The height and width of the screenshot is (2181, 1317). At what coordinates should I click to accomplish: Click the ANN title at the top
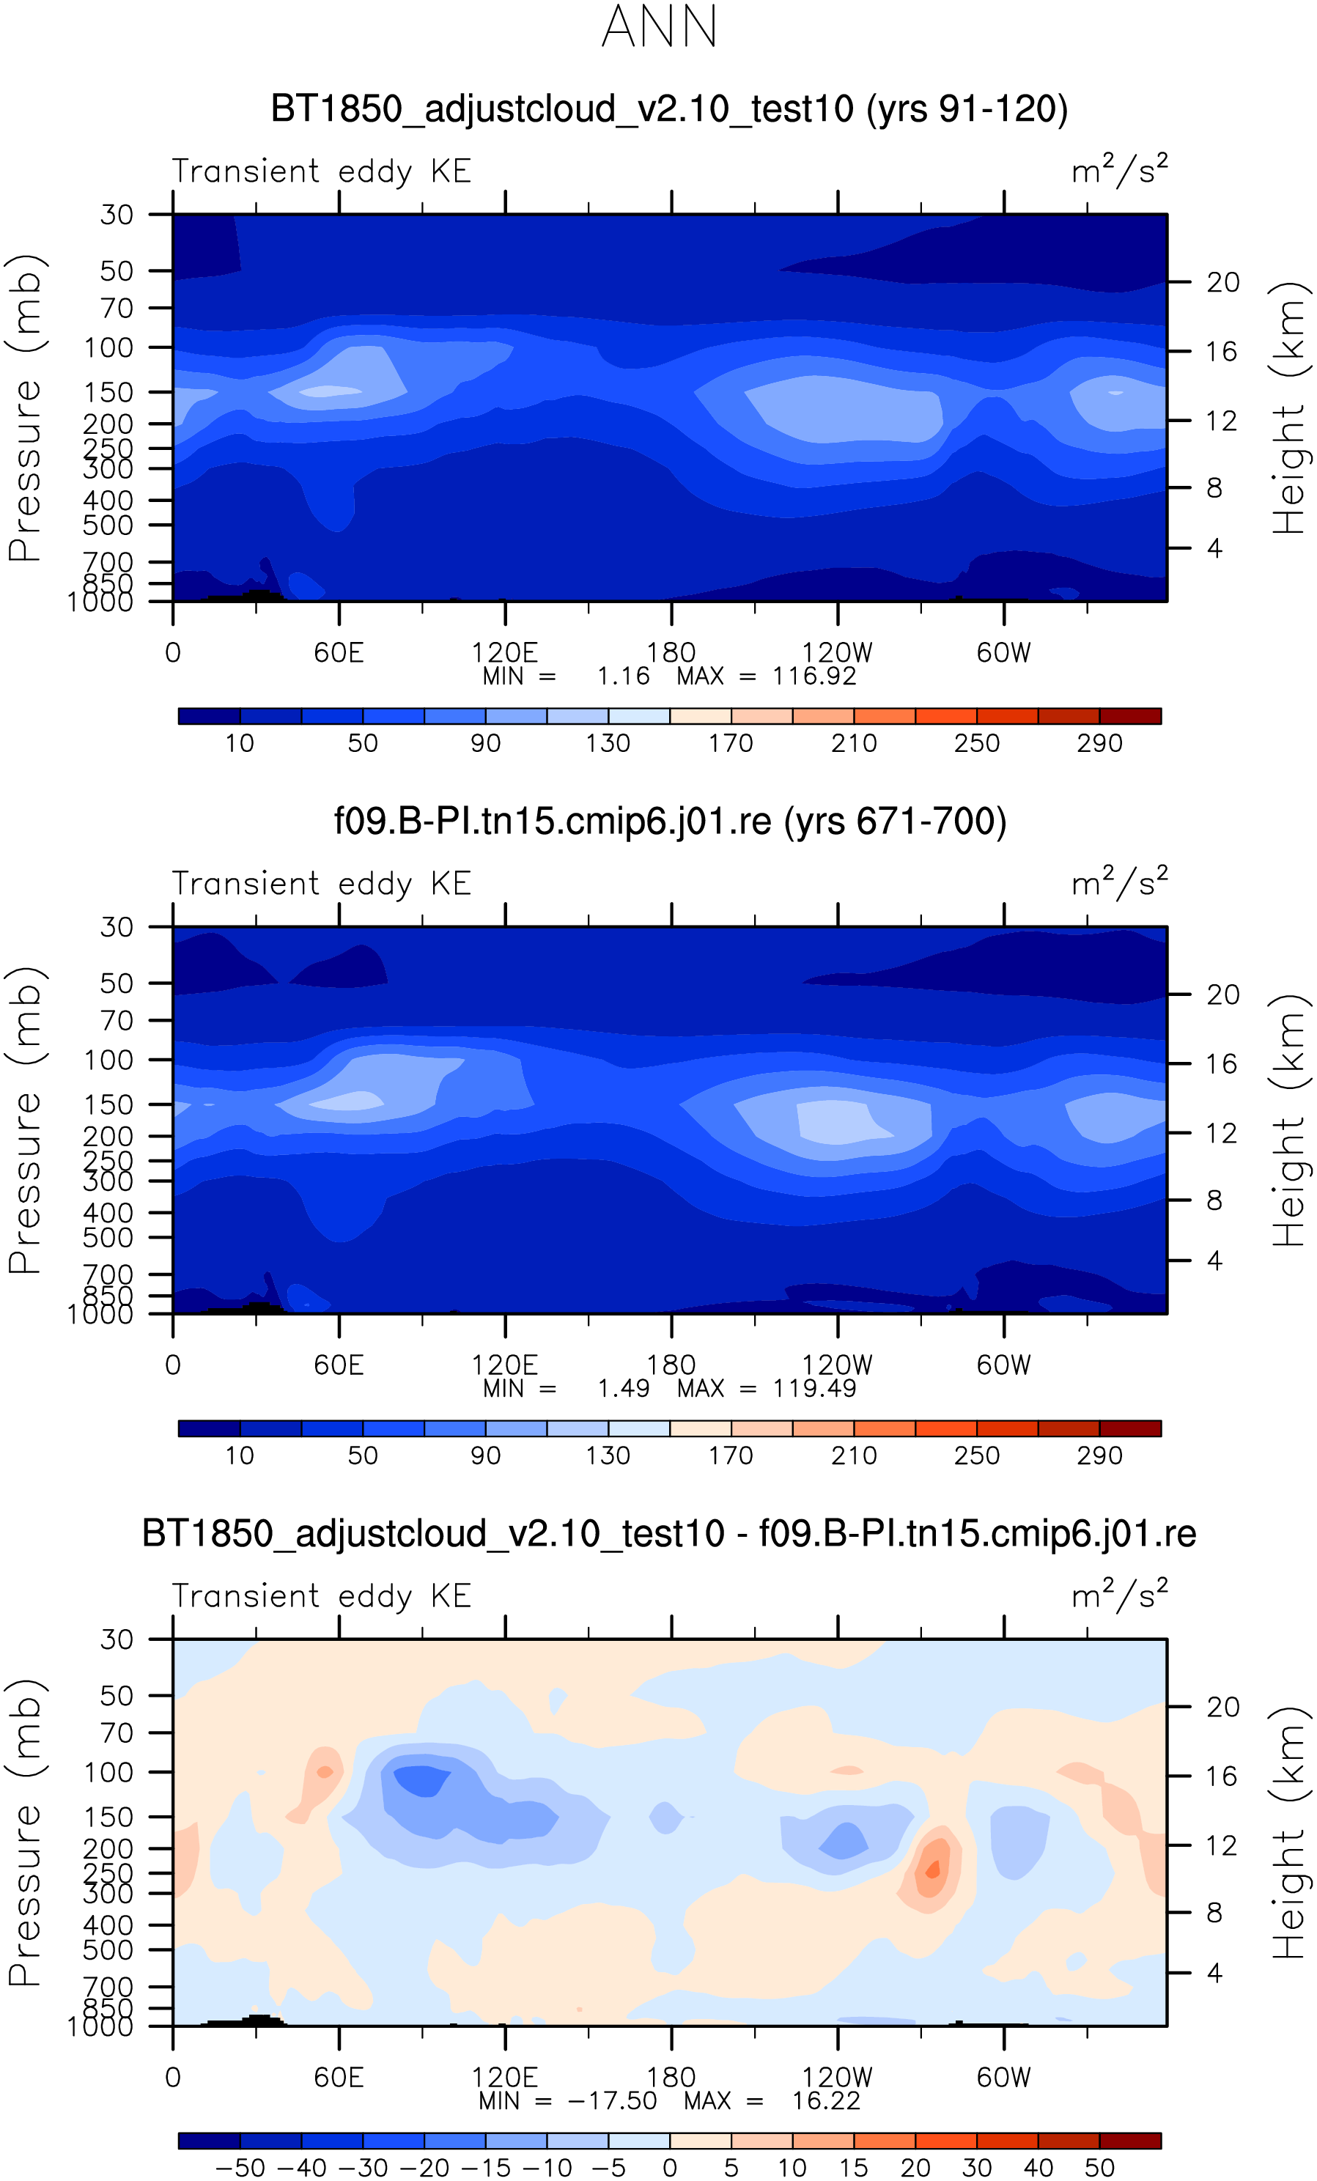click(658, 26)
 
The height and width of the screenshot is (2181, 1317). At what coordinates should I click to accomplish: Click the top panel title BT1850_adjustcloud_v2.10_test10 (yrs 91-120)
click(669, 109)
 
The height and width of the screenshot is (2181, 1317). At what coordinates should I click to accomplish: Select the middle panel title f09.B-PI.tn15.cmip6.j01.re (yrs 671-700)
click(669, 822)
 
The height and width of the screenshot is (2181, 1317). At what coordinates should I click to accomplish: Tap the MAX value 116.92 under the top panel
click(814, 676)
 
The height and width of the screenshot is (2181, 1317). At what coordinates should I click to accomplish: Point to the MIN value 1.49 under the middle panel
click(623, 1388)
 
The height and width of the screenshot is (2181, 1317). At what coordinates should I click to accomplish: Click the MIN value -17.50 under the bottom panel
click(611, 2100)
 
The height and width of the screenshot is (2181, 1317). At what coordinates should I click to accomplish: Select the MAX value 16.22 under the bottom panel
click(826, 2100)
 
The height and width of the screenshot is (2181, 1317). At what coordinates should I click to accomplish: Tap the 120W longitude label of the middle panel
click(836, 1365)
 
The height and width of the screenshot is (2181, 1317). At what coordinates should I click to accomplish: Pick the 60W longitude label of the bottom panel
click(1003, 2078)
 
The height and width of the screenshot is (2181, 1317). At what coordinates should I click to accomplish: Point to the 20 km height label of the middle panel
click(1222, 995)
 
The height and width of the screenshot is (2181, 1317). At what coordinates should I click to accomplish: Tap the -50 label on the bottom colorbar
click(240, 2168)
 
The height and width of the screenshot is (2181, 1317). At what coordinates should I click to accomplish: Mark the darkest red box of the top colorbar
click(1129, 716)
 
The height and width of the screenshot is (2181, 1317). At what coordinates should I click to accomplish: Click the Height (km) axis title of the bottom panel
click(1288, 1832)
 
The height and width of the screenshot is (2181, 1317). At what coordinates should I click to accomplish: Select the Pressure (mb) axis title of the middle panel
click(25, 1120)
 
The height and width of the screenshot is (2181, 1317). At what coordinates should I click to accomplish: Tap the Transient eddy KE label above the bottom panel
click(320, 1596)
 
